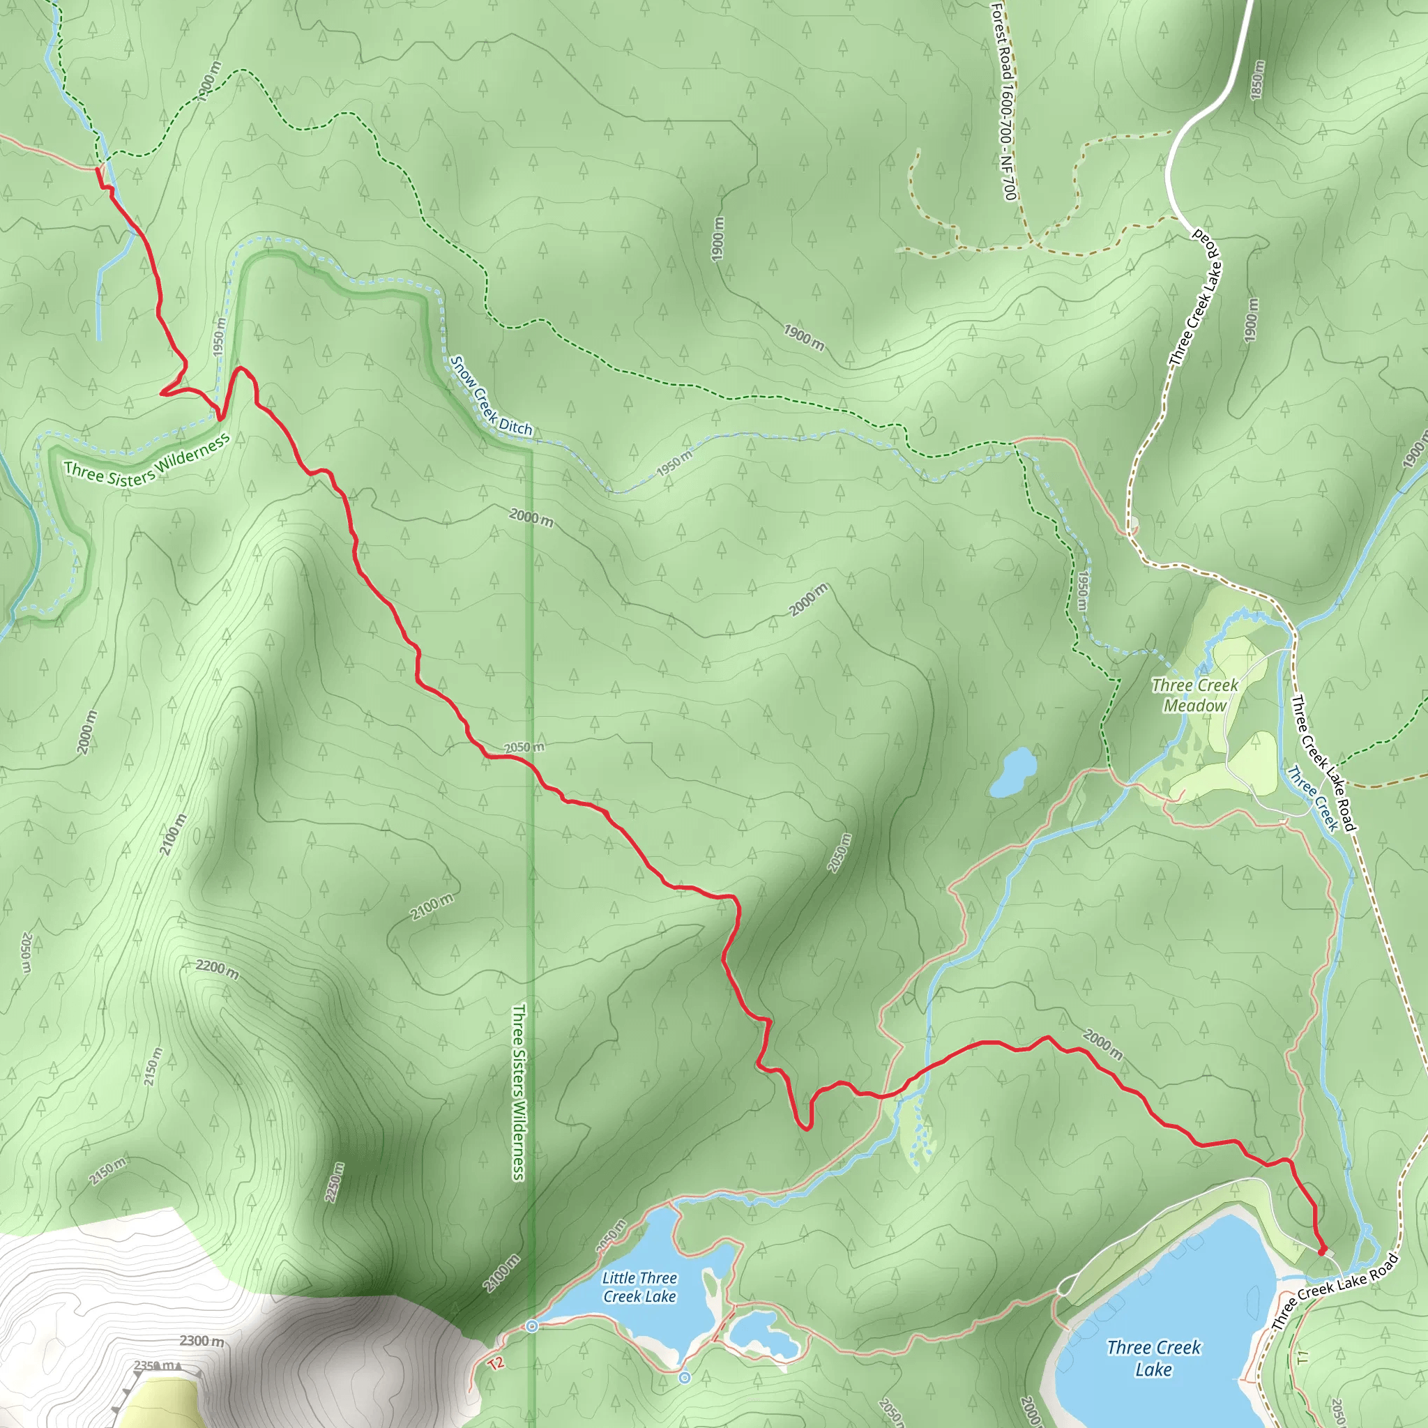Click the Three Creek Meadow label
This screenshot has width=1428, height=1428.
click(1194, 695)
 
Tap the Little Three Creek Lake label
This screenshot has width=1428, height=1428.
click(639, 1287)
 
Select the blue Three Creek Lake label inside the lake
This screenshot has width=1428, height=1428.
click(1154, 1358)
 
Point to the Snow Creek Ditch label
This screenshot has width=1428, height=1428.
click(491, 396)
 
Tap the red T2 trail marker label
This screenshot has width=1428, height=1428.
click(496, 1362)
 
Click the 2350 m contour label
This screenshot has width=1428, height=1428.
click(153, 1365)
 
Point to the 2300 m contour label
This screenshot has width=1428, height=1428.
click(202, 1340)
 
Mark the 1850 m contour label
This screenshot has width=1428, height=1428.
click(1257, 79)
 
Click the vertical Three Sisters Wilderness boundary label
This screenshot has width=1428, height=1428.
click(519, 1092)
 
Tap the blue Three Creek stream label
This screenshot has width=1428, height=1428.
click(1313, 798)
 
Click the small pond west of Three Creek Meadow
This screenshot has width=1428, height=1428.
click(1012, 773)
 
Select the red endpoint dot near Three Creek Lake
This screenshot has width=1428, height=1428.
click(1322, 1252)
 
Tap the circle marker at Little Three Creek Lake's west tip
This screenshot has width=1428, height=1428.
click(531, 1327)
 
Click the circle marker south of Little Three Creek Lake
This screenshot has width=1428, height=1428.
click(685, 1378)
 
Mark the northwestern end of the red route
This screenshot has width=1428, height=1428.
click(98, 169)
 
